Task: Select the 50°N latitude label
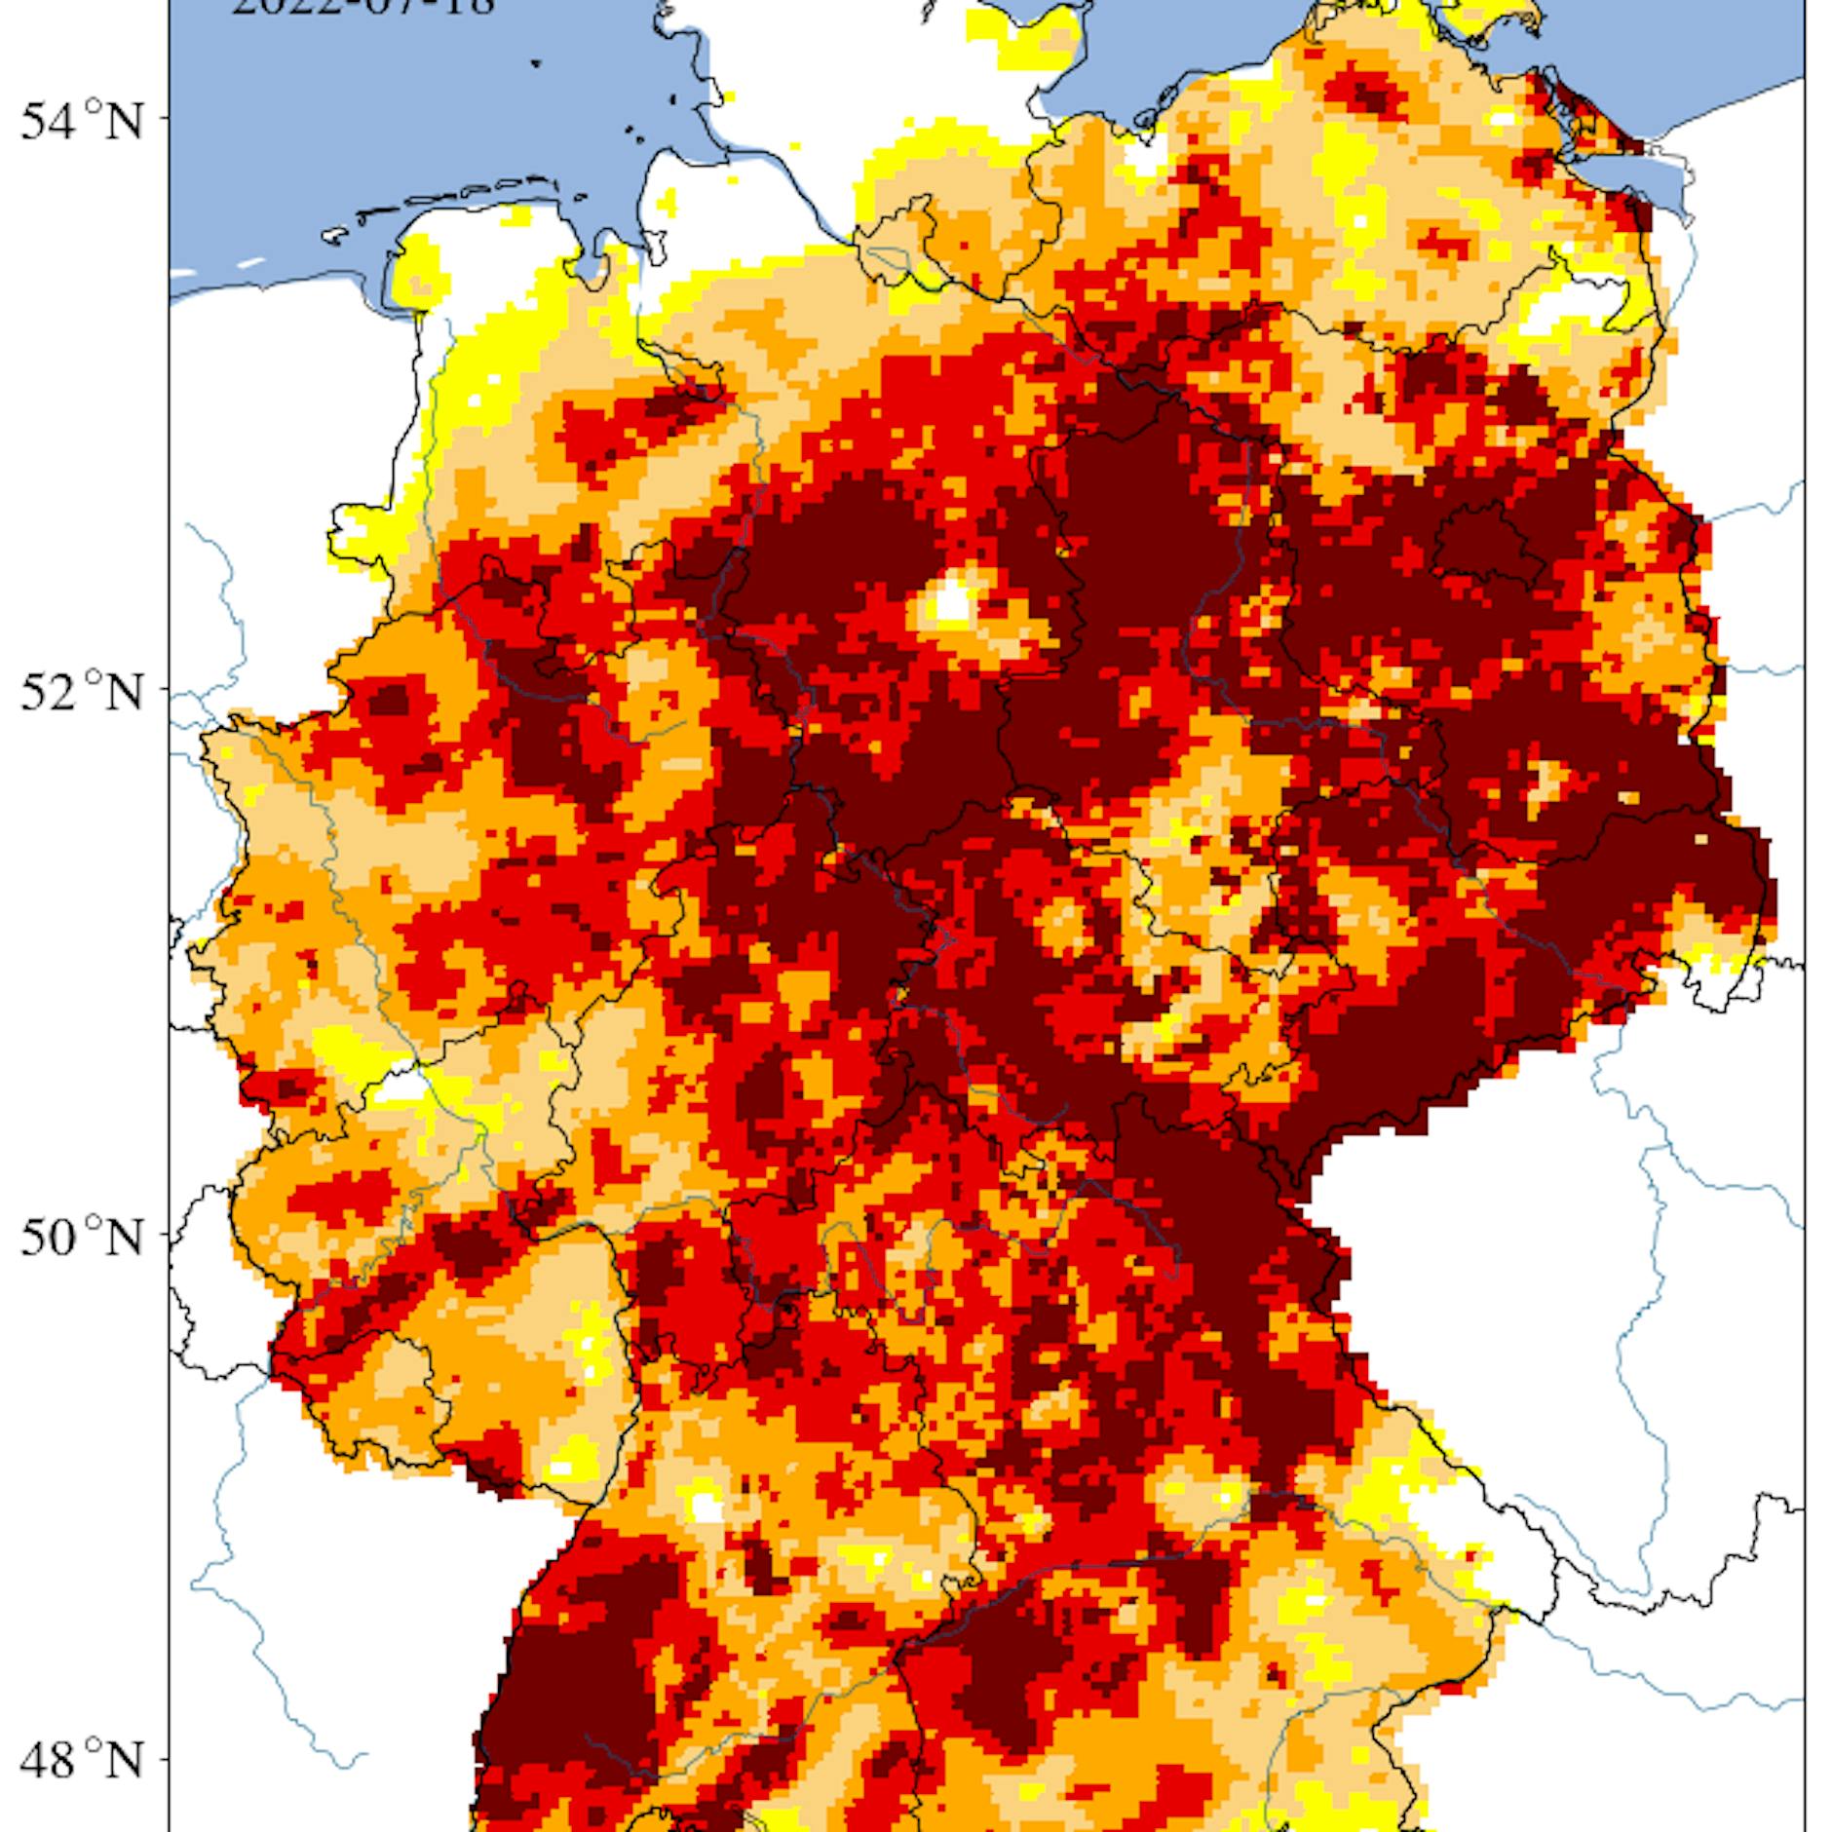82,1237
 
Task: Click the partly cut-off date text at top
362,8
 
